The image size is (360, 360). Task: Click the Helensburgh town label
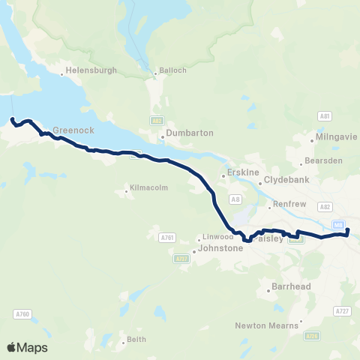pos(91,70)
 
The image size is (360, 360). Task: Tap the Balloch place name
pos(166,73)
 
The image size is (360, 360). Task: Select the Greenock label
pos(73,130)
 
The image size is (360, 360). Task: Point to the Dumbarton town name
pos(190,133)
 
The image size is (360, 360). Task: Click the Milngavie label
pos(334,139)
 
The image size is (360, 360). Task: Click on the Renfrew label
pos(286,203)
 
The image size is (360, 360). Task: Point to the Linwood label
pos(217,237)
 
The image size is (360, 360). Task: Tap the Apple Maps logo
pos(27,347)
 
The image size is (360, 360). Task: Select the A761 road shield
pos(166,238)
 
